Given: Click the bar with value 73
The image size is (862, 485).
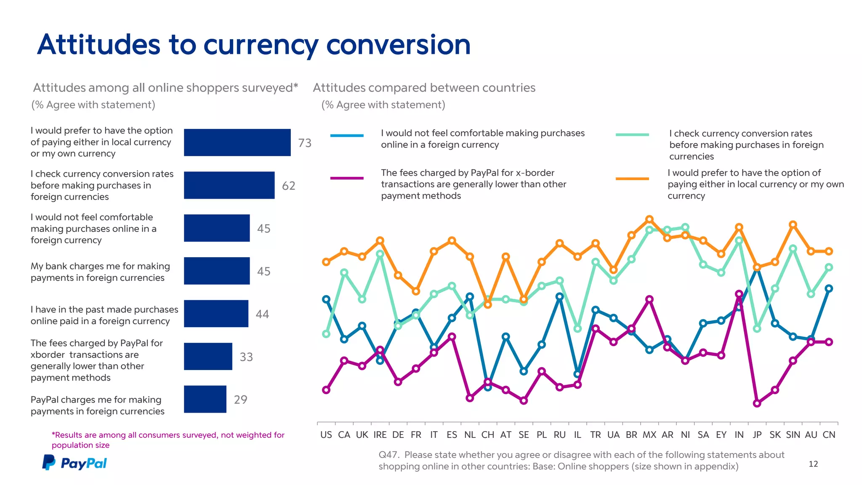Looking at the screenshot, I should [x=237, y=142].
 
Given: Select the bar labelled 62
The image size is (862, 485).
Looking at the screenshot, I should [x=229, y=185].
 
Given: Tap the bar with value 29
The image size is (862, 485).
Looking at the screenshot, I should [x=205, y=399].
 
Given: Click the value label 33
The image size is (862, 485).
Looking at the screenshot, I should [x=246, y=357].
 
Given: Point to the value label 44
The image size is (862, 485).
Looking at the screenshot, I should [x=262, y=314].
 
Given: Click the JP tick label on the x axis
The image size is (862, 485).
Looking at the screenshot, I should [x=757, y=434].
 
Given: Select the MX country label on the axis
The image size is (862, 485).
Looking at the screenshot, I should [x=649, y=434].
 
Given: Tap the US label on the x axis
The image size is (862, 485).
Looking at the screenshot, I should [x=326, y=434].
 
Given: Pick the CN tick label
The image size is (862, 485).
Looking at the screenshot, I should [x=829, y=434].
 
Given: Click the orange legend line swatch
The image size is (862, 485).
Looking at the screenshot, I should [x=632, y=179].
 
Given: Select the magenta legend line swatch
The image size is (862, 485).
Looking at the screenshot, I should [x=347, y=178].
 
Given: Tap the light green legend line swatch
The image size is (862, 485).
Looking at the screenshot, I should [x=632, y=135].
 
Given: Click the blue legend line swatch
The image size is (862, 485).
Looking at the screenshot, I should [x=347, y=136].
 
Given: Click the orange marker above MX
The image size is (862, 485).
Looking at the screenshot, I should [x=649, y=219].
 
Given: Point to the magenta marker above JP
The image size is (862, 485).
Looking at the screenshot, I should [x=757, y=403].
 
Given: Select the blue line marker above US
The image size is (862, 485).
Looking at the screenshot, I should [x=326, y=299].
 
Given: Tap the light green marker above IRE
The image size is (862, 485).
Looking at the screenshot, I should [x=380, y=254].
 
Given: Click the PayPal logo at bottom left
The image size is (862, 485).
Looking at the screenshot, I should [x=74, y=463].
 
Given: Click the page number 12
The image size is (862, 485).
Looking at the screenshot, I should [x=813, y=464].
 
